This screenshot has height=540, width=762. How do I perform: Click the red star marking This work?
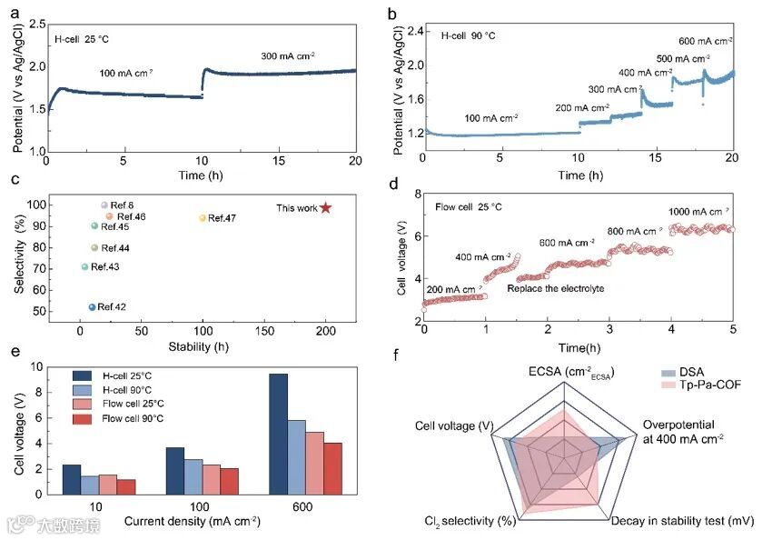326,208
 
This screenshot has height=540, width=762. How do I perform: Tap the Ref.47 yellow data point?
203,218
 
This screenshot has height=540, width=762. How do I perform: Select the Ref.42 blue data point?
92,307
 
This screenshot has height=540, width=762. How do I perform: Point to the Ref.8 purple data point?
104,205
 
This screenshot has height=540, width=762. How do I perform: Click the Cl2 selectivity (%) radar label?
471,521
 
